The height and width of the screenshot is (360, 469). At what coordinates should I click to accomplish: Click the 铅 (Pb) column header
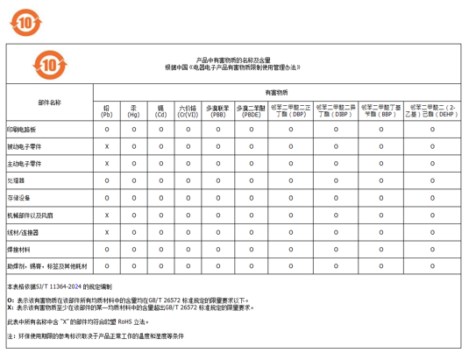pos(107,111)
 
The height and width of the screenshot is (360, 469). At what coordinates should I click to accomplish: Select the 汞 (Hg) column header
pos(134,111)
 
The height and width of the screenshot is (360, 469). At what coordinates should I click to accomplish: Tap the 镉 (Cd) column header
pos(161,111)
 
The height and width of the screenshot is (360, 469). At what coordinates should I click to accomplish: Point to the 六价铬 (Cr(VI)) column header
pos(188,111)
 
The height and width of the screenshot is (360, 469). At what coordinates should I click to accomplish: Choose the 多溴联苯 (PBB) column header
pos(218,111)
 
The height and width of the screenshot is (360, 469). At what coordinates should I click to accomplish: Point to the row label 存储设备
pos(19,197)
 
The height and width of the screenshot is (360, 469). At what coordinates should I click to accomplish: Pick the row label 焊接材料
pos(19,249)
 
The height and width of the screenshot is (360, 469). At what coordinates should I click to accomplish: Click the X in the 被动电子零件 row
pos(107,146)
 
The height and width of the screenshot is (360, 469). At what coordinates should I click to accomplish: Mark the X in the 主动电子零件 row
pos(107,163)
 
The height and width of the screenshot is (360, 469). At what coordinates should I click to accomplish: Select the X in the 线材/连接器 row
pos(107,232)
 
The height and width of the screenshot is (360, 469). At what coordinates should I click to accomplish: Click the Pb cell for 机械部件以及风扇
pos(107,215)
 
